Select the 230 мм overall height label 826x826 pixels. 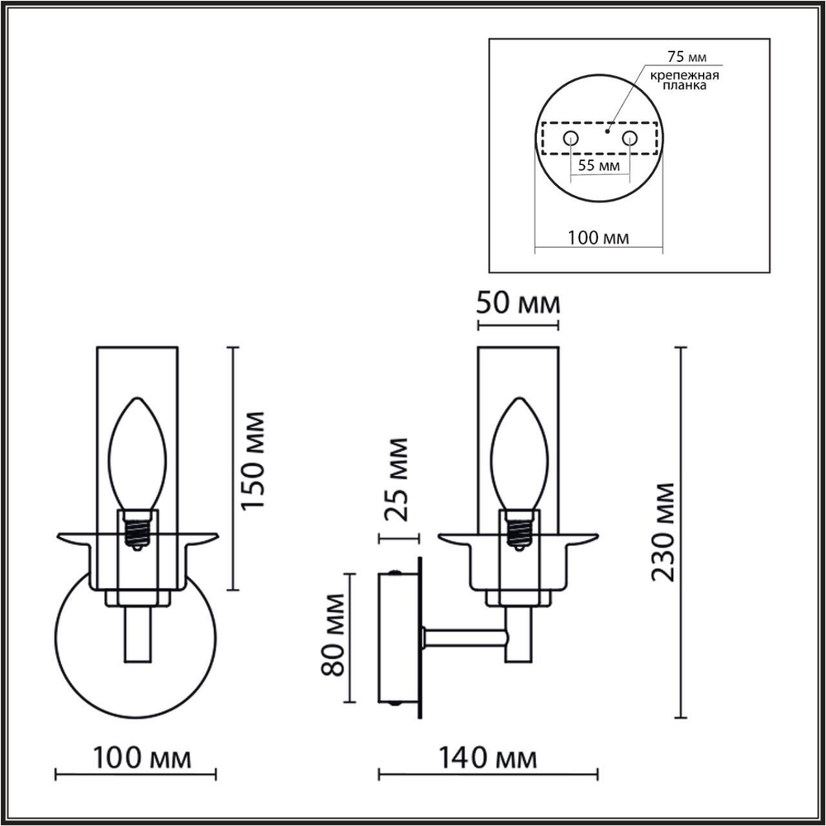pos(664,533)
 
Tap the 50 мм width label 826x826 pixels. pos(519,303)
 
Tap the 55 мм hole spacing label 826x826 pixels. pos(599,165)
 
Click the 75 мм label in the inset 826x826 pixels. pos(681,58)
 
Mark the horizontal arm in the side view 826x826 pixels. pos(464,637)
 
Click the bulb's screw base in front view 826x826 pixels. pos(138,529)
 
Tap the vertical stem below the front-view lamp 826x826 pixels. pos(138,636)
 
